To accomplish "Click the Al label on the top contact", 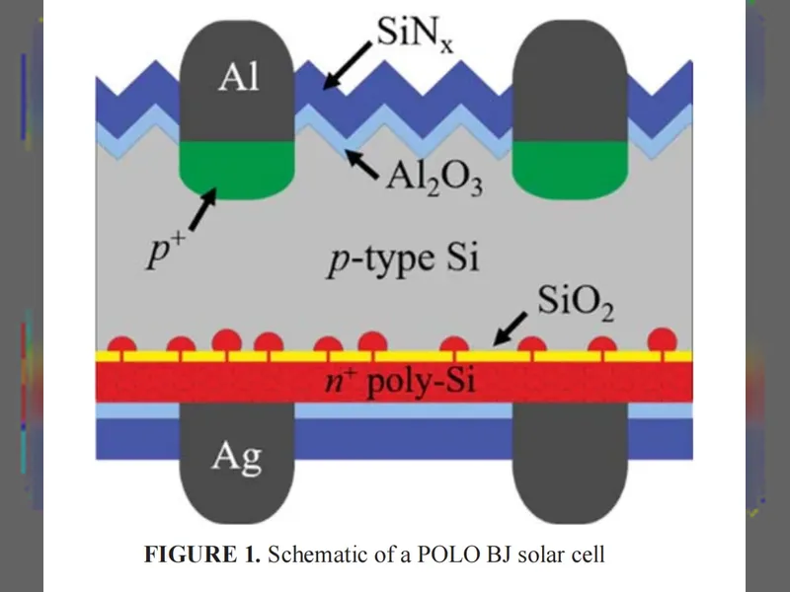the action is pos(238,77).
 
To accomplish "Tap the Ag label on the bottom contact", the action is pos(237,458).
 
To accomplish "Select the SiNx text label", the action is pos(415,34).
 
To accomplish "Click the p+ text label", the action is pos(165,251).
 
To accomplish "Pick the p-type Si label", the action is pos(403,259).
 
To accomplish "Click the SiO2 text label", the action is pos(576,303).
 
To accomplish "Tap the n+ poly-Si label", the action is pos(399,381).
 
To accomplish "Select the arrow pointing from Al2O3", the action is pos(362,164).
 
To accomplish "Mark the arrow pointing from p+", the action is pos(203,209).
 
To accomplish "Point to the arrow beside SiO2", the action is pos(510,330).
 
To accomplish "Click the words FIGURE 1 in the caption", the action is pos(202,555).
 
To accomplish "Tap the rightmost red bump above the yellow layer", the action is pos(662,339).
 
